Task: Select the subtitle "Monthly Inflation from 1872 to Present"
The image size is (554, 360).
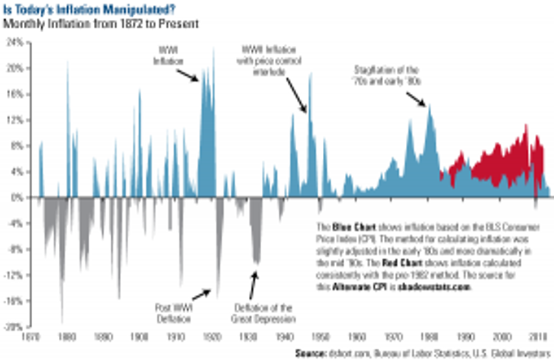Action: tap(100, 24)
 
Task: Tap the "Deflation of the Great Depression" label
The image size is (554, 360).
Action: tap(263, 313)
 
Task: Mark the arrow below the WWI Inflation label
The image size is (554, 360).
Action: tap(188, 75)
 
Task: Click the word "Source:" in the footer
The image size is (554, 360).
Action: tap(310, 353)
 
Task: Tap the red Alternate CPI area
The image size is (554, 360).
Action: tap(492, 161)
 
